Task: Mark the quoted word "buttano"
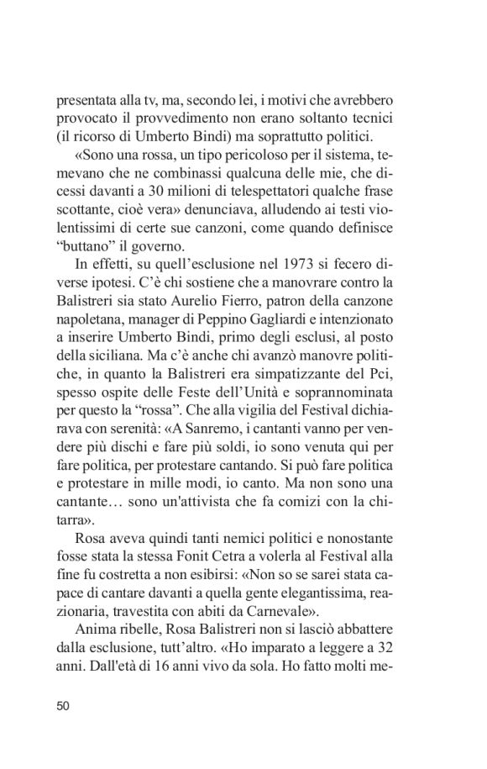[x=85, y=253]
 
